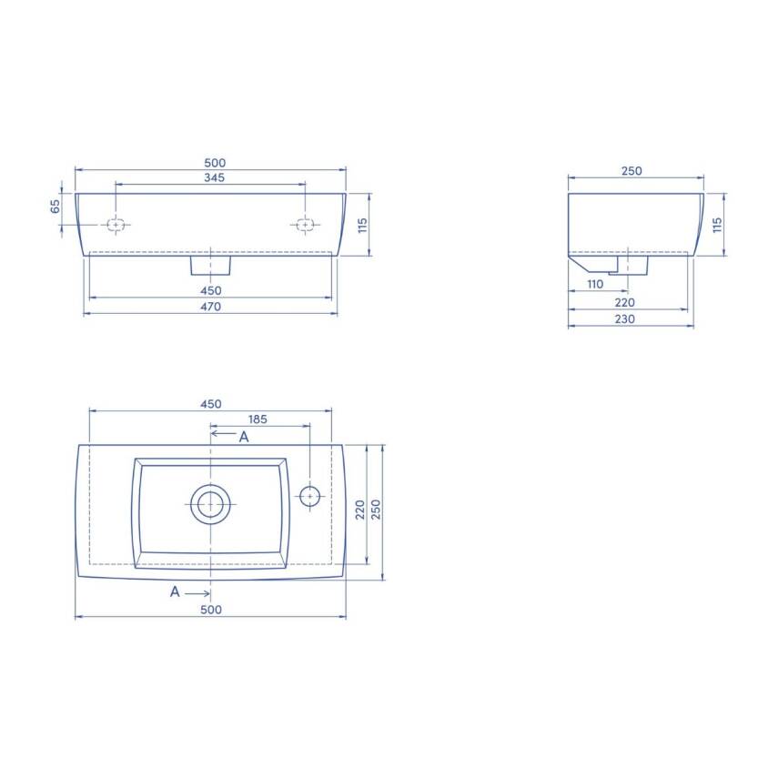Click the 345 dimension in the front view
pyautogui.click(x=215, y=177)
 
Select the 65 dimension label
pyautogui.click(x=56, y=207)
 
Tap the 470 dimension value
pyautogui.click(x=210, y=307)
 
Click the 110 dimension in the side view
pyautogui.click(x=595, y=284)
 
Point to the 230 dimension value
pyautogui.click(x=625, y=319)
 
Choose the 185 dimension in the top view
pyautogui.click(x=258, y=419)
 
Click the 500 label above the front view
pyautogui.click(x=215, y=163)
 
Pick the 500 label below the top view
pyautogui.click(x=211, y=610)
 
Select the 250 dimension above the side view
pyautogui.click(x=631, y=171)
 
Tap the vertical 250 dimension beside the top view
pyautogui.click(x=376, y=509)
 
